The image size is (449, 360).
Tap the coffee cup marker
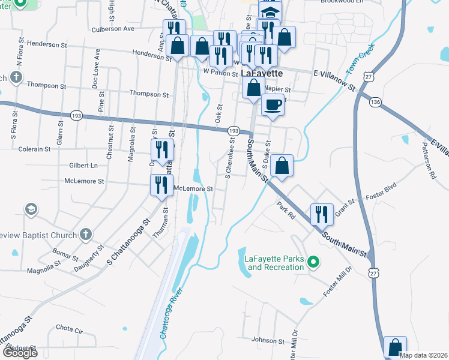pos(273,105)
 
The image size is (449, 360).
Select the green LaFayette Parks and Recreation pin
pos(312,262)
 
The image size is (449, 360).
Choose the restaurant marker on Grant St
pos(321,213)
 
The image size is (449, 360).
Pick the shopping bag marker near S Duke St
pos(282,164)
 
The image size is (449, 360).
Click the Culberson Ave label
pos(112,28)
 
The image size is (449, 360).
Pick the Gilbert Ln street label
pos(83,165)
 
